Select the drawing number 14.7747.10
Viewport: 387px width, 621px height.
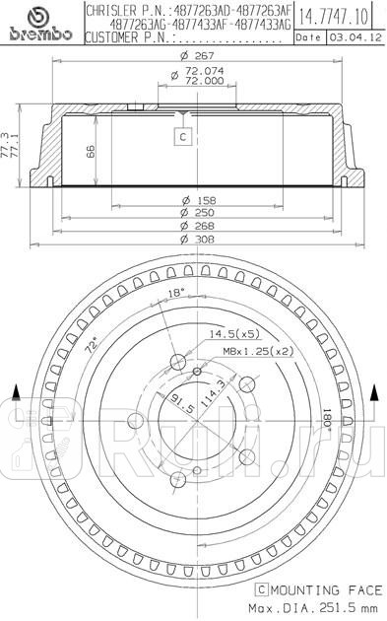(335, 16)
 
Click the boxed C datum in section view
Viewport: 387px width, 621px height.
(182, 138)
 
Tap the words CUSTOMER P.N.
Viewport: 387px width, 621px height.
(128, 37)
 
